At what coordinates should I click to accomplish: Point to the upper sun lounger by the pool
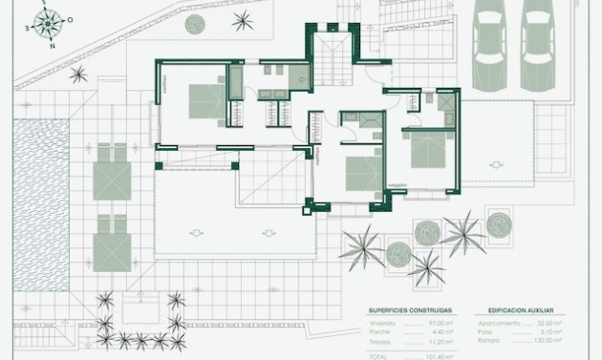coord(113,171)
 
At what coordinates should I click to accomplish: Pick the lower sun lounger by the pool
coord(113,243)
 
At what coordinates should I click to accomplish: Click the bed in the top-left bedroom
coord(202,99)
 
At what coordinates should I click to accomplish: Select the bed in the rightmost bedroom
coord(429,150)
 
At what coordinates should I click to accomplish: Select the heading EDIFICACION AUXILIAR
coord(520,311)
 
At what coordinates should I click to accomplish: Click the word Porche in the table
coord(380,332)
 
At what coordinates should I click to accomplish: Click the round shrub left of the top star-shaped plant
coord(196,22)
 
